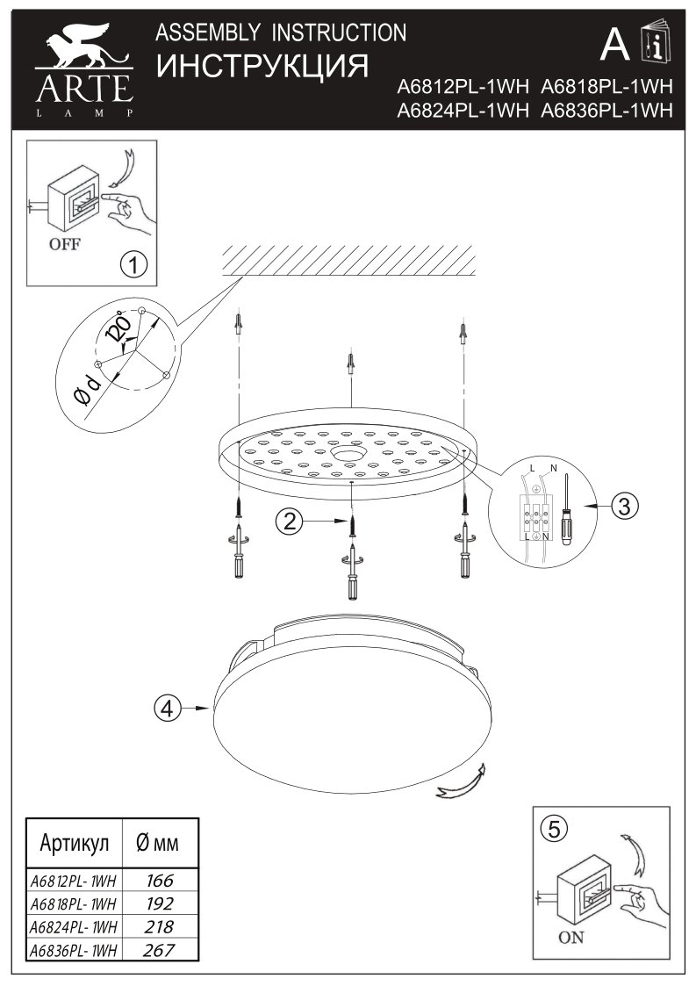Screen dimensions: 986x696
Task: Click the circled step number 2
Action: (x=289, y=522)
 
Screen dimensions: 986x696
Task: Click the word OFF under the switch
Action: (x=64, y=244)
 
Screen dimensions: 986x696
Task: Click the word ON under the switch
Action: (x=570, y=938)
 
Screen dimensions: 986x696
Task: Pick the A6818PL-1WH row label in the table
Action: (x=74, y=903)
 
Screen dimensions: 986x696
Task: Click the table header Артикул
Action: (x=75, y=844)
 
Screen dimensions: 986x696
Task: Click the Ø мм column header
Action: (x=158, y=844)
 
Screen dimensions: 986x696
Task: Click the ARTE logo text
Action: (x=83, y=88)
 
